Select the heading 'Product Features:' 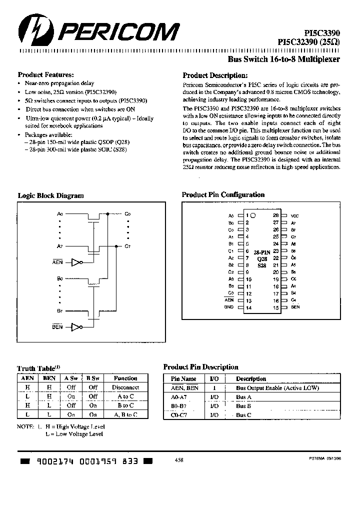pyautogui.click(x=45, y=73)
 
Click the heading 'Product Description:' pyautogui.click(x=214, y=75)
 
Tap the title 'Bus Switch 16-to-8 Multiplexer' pyautogui.click(x=283, y=59)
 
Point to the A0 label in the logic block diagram pyautogui.click(x=60, y=213)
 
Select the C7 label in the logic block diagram pyautogui.click(x=127, y=246)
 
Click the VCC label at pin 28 pyautogui.click(x=295, y=215)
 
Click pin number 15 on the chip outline pyautogui.click(x=275, y=307)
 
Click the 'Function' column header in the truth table pyautogui.click(x=125, y=378)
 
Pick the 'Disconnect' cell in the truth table pyautogui.click(x=125, y=387)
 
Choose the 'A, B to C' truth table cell pyautogui.click(x=125, y=414)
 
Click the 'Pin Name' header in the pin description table pyautogui.click(x=184, y=379)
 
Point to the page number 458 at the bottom pyautogui.click(x=179, y=460)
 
